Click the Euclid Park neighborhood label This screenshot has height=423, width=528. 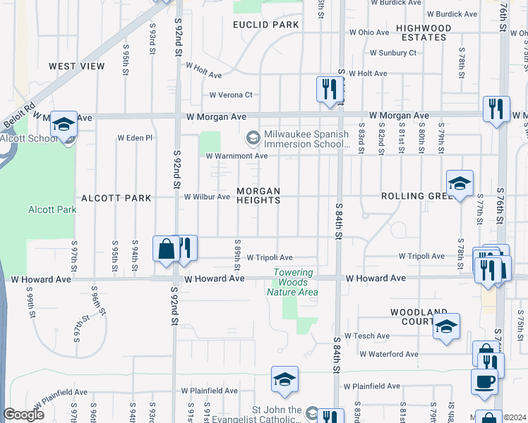266,25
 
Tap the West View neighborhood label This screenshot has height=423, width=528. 77,66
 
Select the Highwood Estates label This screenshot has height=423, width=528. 424,32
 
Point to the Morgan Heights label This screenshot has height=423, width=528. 258,195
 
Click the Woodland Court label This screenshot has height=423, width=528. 419,317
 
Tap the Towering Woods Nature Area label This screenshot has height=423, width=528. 293,283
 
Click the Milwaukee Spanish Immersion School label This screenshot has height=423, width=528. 306,139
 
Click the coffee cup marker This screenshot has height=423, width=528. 484,381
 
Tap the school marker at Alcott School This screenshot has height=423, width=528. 64,124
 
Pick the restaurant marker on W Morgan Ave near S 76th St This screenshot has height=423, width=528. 496,109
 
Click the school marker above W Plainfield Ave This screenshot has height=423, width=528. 284,379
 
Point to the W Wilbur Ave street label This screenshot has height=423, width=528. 207,197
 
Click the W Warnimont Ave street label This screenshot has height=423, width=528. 237,156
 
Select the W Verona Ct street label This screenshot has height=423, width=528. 231,95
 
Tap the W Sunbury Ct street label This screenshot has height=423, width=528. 393,53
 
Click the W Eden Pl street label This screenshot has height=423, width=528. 135,138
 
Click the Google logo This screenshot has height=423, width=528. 23,415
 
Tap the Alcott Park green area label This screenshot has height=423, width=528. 52,210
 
